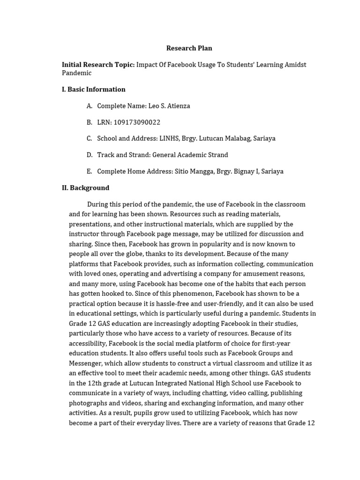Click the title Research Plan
click(189, 48)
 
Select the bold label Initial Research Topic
click(98, 65)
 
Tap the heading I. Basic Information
click(94, 90)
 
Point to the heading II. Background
click(86, 188)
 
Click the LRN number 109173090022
click(137, 122)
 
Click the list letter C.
click(89, 139)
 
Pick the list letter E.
click(89, 172)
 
